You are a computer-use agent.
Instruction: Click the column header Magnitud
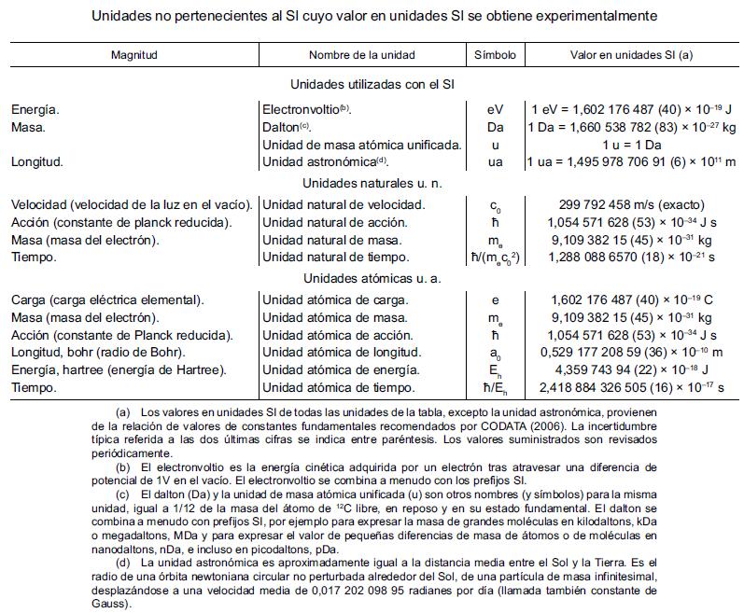134,55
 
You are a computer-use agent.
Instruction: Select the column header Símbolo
495,55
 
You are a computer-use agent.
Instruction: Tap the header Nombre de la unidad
362,55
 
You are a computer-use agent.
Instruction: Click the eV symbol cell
495,109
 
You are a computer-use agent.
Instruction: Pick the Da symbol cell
495,127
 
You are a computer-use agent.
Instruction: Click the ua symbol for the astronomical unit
495,161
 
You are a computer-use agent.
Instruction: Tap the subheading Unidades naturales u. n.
372,184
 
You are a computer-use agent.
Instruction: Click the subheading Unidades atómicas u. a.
372,278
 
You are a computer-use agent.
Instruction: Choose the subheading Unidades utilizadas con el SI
372,85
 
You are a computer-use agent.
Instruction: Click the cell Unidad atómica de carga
335,300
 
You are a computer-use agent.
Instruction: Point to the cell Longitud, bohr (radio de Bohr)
98,353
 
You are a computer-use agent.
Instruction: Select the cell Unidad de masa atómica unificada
362,145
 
